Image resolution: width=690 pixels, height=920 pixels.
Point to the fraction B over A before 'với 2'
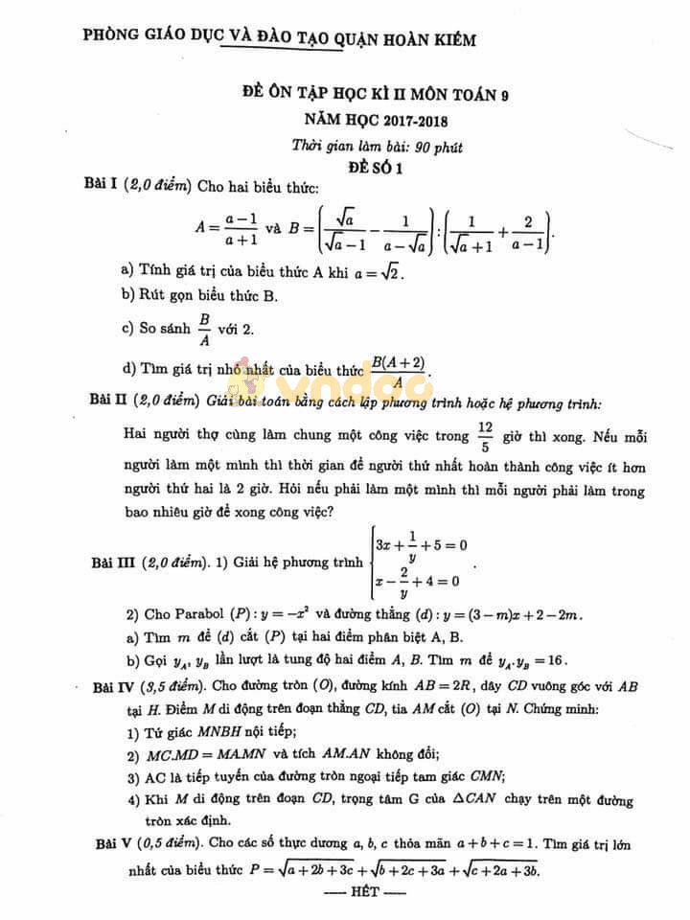pyautogui.click(x=203, y=329)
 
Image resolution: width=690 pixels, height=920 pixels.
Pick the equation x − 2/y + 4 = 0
pyautogui.click(x=418, y=581)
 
